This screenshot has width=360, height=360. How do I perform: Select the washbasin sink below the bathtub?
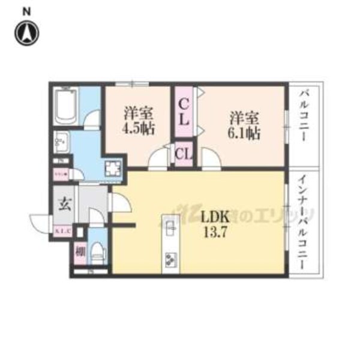tap(61, 143)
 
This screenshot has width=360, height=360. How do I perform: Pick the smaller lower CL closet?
tap(184, 155)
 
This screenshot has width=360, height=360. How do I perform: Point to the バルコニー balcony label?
tap(304, 116)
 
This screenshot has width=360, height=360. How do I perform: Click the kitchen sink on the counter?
tap(170, 226)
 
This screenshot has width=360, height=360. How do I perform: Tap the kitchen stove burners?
tap(170, 259)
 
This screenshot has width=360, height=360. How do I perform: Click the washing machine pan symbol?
tap(112, 169)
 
